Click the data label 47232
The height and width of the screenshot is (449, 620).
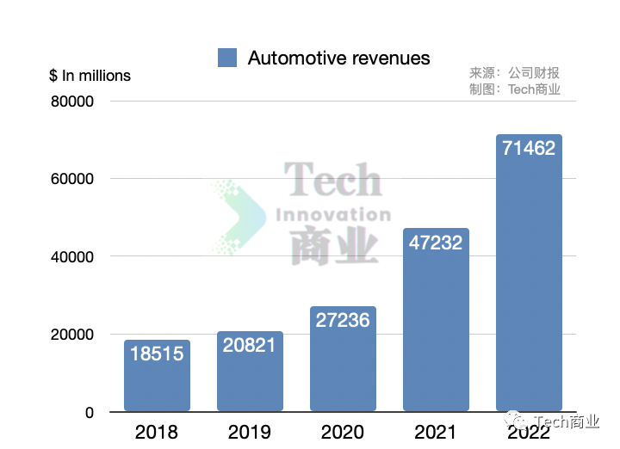(x=436, y=243)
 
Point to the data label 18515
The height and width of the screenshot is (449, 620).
(x=157, y=353)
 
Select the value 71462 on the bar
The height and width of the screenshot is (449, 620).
(x=529, y=148)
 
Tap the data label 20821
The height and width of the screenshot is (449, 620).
(x=250, y=345)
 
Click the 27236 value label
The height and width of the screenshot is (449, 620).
(x=343, y=320)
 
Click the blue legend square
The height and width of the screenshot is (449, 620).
(x=227, y=58)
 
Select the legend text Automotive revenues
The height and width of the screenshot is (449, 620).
(x=338, y=58)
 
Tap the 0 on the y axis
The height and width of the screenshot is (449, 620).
(x=88, y=413)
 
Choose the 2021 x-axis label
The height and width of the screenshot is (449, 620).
(x=436, y=432)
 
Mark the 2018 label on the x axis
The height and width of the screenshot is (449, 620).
(x=157, y=432)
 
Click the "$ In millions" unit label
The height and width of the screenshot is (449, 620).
(x=90, y=76)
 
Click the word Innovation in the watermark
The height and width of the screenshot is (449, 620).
(x=332, y=214)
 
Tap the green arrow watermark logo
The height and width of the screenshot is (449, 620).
(x=236, y=218)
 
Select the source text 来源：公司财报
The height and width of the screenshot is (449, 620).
(x=514, y=73)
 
